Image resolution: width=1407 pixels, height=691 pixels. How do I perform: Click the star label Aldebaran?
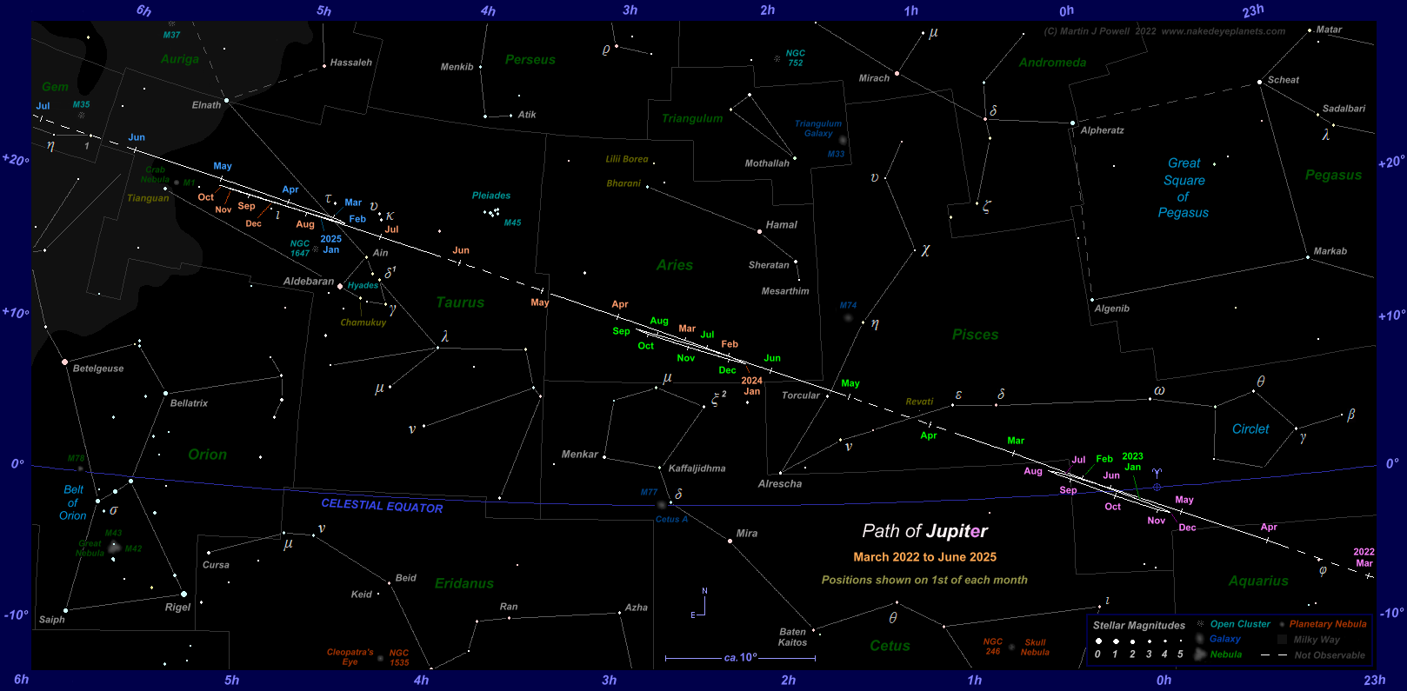point(308,282)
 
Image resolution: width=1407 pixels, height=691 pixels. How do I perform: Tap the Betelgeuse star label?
point(98,369)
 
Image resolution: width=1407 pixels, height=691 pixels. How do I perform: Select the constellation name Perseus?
point(530,60)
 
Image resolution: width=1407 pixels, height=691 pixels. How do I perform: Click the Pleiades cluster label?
point(491,196)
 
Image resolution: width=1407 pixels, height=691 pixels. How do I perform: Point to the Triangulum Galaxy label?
point(818,129)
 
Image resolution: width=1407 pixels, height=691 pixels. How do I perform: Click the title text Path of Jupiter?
point(924,531)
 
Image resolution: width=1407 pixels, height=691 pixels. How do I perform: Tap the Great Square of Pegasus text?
point(1184,188)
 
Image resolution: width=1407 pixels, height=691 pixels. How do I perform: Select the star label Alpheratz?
point(1102,130)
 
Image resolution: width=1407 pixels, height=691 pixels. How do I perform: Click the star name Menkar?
point(579,455)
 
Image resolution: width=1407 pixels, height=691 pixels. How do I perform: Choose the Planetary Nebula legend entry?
point(1327,624)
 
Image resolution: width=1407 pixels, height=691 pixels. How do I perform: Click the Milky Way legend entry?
point(1317,640)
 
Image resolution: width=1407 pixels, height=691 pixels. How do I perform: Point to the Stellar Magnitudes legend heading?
point(1138,625)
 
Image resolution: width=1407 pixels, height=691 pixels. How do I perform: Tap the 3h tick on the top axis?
point(630,10)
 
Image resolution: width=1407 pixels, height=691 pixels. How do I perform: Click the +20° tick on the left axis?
point(16,160)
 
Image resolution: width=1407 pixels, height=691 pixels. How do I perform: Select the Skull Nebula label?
point(1035,648)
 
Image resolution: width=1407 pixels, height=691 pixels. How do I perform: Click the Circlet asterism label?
point(1250,429)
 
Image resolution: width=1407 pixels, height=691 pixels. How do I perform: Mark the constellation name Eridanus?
point(463,583)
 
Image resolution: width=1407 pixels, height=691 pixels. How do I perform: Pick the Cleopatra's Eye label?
point(350,657)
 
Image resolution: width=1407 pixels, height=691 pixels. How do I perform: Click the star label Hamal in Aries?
point(781,225)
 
